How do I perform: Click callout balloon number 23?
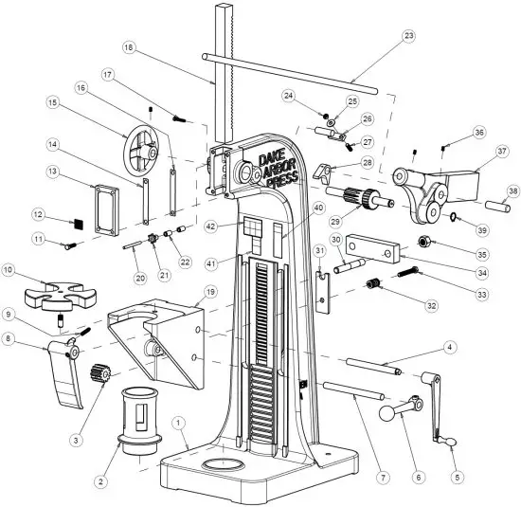pos(408,36)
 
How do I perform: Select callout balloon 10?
pos(10,270)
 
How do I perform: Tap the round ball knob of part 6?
pos(390,413)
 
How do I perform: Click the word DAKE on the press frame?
pos(275,156)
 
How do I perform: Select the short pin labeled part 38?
pos(498,202)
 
